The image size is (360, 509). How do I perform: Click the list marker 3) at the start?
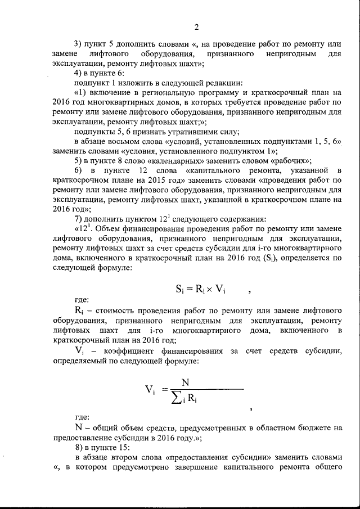click(x=79, y=43)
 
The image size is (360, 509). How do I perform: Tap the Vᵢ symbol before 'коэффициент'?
click(x=80, y=351)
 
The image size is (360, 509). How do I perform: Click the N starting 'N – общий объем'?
click(x=78, y=427)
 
